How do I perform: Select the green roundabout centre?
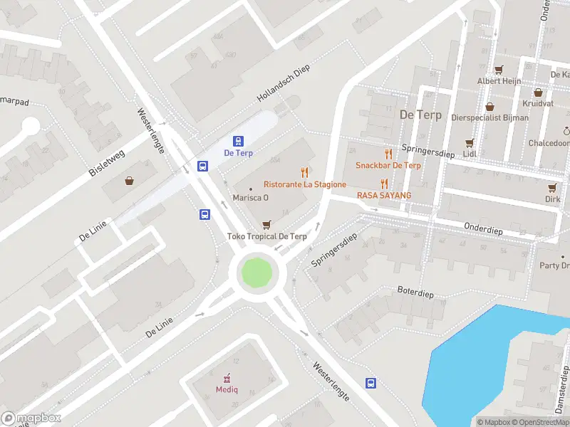point(256,273)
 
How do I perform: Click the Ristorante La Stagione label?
point(305,184)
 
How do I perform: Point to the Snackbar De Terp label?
point(388,165)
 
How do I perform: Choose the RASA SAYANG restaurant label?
point(384,194)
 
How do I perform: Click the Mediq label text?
point(228,389)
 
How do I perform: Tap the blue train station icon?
point(239,141)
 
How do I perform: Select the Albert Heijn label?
point(499,81)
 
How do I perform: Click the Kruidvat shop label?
point(537,103)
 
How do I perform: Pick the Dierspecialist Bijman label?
point(490,117)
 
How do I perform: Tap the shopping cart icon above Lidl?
point(469,143)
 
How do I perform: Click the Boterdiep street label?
point(415,293)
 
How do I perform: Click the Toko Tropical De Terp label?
point(267,236)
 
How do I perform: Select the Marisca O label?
point(251,197)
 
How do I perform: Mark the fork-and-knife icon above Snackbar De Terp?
point(388,154)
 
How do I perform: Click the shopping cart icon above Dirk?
point(552,188)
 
